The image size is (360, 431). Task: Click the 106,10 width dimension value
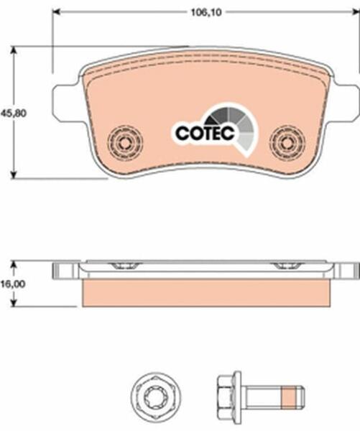click(x=206, y=12)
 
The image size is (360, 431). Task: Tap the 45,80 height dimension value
click(x=14, y=113)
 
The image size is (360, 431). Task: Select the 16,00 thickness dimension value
click(x=13, y=284)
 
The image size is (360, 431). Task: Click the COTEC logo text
click(x=206, y=133)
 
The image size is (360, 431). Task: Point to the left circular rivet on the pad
click(x=126, y=143)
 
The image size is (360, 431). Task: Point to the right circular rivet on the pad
click(x=287, y=142)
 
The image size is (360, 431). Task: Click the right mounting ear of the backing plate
click(x=347, y=102)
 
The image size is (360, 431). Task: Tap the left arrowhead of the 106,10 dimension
click(x=56, y=11)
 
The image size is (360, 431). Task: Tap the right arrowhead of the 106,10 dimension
click(x=356, y=11)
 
